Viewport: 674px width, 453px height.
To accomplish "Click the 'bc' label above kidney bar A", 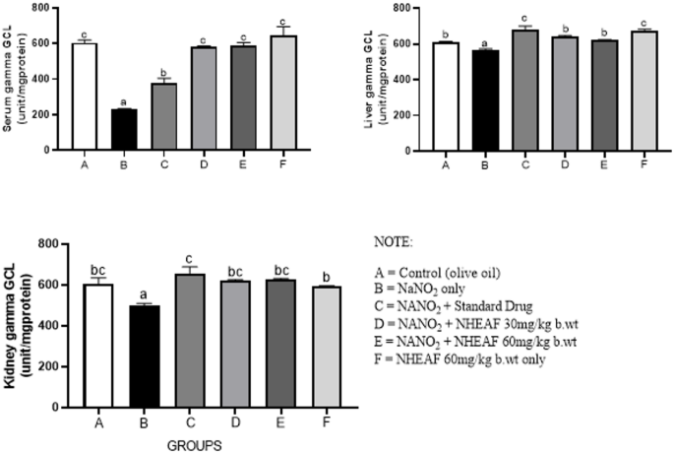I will (x=98, y=266).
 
